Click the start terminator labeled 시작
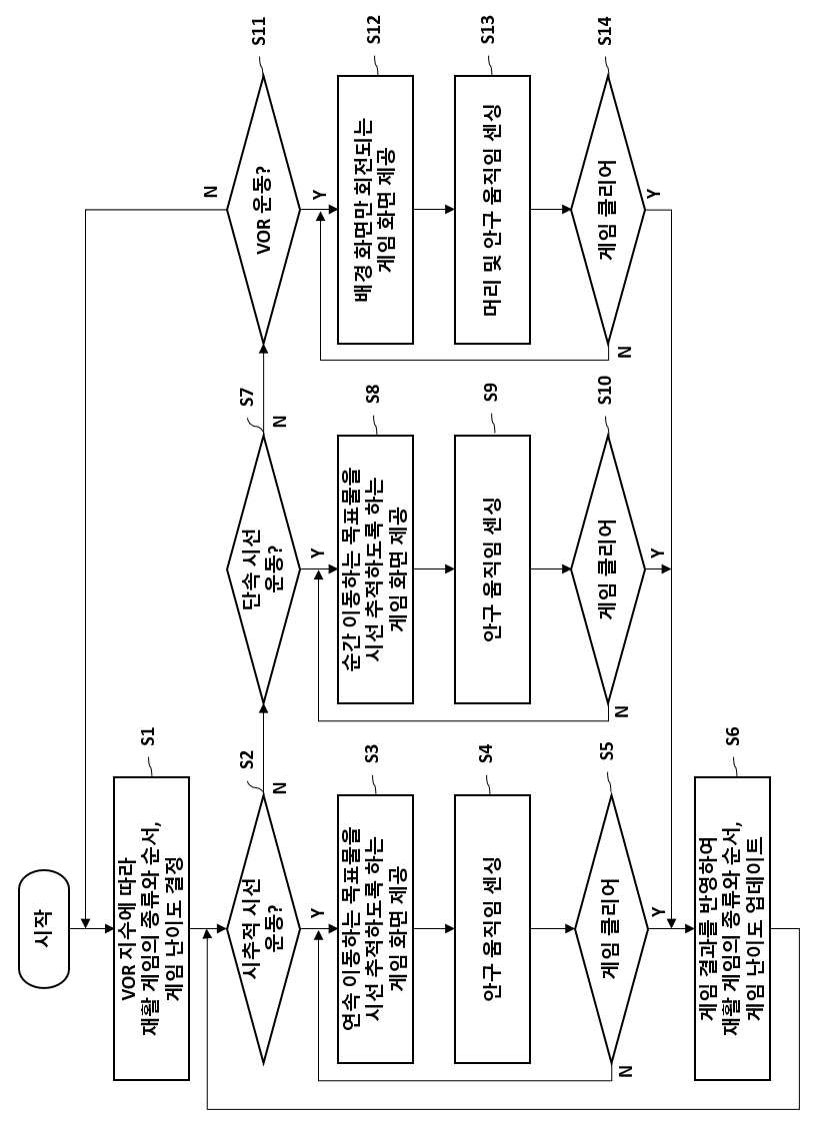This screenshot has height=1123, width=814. click(x=43, y=929)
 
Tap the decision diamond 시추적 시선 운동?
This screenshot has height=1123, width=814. click(x=263, y=929)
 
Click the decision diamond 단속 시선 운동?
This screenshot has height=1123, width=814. click(x=263, y=569)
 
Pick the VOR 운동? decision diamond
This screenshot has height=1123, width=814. click(x=263, y=209)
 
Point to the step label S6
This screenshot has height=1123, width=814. click(x=732, y=735)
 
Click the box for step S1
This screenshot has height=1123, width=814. click(x=152, y=929)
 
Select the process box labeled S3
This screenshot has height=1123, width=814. click(x=375, y=929)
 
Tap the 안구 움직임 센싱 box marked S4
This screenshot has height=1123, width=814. click(x=492, y=929)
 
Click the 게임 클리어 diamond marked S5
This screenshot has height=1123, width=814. click(x=609, y=929)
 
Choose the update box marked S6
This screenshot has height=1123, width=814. click(x=732, y=929)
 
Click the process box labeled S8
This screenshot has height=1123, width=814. click(x=375, y=569)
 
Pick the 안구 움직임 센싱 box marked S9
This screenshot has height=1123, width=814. click(x=492, y=569)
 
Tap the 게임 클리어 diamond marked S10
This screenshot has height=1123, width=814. click(x=609, y=569)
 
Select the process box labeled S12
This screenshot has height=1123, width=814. click(x=375, y=209)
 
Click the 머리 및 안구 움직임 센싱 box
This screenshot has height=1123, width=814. click(x=492, y=209)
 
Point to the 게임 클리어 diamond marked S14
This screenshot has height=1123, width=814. click(x=609, y=209)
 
